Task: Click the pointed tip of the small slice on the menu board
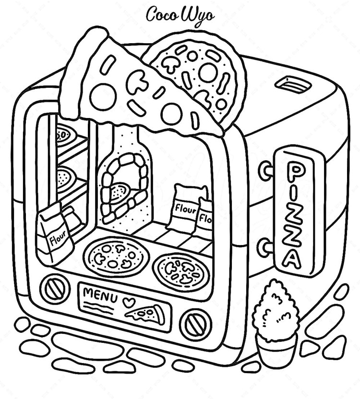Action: tap(125, 316)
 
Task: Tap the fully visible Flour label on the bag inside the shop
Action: tap(186, 209)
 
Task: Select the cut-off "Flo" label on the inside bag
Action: tap(205, 218)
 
